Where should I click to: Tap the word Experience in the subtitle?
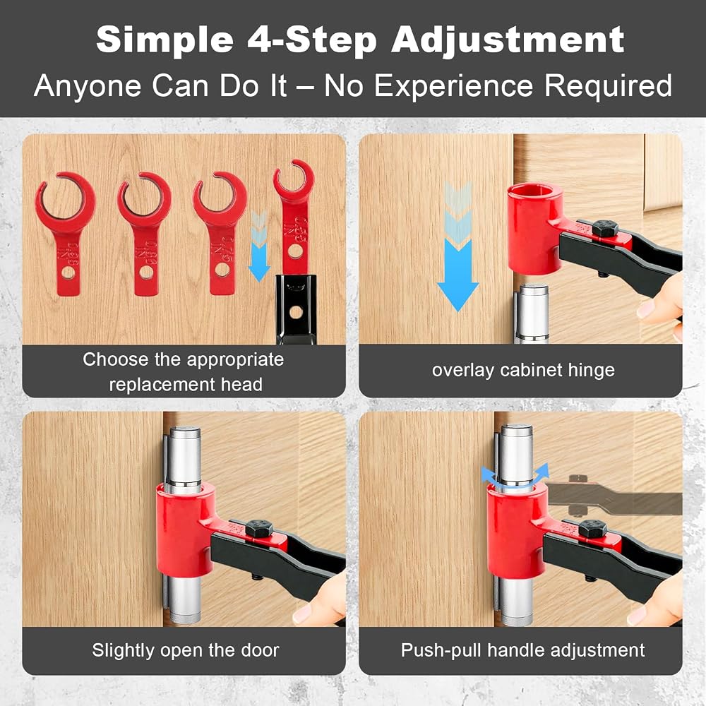click(453, 85)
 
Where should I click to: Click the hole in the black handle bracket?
click(295, 312)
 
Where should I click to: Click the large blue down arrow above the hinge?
click(457, 246)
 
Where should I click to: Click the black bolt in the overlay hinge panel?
click(605, 229)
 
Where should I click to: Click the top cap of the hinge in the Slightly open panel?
click(185, 431)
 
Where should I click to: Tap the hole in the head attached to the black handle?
click(295, 251)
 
